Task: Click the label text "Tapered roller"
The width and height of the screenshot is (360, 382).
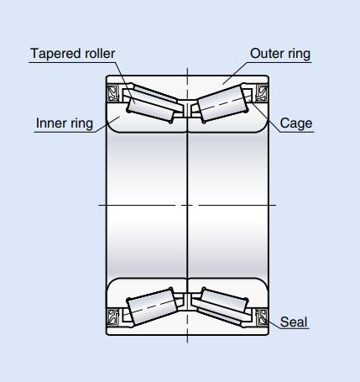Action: [73, 54]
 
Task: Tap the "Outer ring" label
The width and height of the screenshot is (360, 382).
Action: [280, 54]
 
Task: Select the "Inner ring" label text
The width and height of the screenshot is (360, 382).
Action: [65, 123]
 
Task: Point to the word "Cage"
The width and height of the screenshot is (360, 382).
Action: [296, 123]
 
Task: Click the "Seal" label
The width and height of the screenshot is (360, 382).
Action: [294, 322]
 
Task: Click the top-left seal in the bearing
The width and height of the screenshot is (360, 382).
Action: [113, 93]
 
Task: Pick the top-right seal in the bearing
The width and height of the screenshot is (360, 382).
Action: [262, 93]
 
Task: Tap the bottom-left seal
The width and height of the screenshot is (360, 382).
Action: [113, 317]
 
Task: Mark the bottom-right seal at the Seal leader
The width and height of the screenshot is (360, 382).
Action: [262, 317]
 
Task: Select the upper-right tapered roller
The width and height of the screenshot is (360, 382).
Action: [222, 103]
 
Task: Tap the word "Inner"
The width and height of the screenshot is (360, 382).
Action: [51, 123]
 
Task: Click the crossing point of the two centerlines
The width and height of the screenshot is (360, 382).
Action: [187, 205]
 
